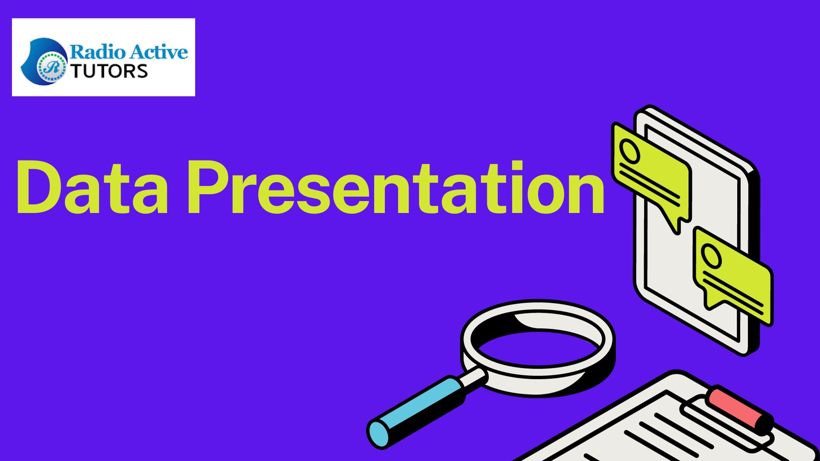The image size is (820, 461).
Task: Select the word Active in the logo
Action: (x=158, y=52)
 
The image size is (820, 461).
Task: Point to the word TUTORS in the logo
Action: (x=109, y=71)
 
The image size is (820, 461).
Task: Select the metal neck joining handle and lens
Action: (x=473, y=378)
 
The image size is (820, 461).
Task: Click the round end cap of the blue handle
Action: (x=378, y=434)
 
